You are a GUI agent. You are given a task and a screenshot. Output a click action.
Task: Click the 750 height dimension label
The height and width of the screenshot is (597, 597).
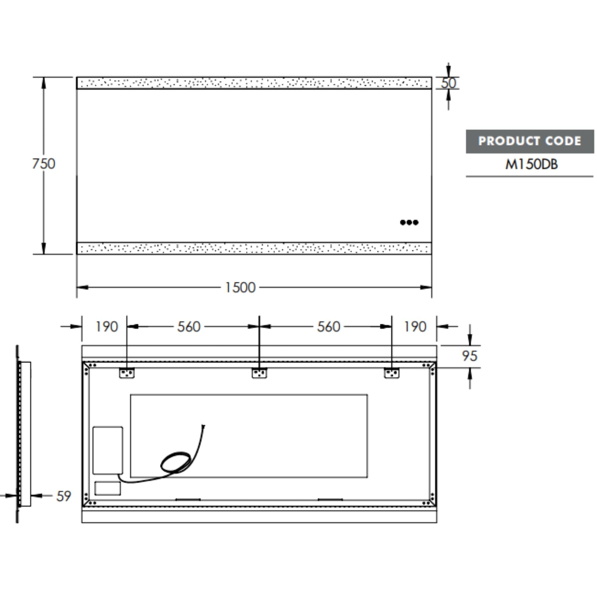point(43,164)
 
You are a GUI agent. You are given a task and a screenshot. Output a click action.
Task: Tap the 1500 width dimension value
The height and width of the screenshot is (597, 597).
point(240,288)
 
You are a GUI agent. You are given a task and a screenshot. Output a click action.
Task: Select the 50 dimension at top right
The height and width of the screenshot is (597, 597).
point(448,83)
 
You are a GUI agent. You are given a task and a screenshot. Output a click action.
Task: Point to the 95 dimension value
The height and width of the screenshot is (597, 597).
point(470,356)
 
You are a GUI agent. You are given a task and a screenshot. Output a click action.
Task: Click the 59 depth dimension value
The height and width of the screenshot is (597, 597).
point(64,496)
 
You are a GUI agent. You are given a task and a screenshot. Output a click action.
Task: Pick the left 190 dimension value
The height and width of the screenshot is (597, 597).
point(107,326)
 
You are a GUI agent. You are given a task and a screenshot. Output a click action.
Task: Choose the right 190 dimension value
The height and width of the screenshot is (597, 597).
point(415,326)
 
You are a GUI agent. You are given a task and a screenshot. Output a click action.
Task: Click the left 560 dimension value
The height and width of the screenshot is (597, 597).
point(189,326)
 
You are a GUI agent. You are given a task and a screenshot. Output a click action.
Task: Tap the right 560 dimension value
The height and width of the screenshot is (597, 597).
point(329,326)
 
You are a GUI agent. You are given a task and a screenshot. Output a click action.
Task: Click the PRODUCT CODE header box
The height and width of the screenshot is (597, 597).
point(530,141)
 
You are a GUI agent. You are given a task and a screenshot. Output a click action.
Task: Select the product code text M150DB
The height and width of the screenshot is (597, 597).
point(531,164)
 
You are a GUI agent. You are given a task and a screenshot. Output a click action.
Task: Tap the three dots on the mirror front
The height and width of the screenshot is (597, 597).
point(409,222)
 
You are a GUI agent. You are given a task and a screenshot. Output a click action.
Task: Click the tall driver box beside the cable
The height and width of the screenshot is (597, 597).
point(108,450)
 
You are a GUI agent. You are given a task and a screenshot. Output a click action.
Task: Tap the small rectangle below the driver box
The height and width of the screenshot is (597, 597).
point(108,488)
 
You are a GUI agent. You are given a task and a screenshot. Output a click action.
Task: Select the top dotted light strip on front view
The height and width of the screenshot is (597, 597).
point(254,83)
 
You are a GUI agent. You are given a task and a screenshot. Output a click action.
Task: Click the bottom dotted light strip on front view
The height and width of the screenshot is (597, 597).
point(254,248)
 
